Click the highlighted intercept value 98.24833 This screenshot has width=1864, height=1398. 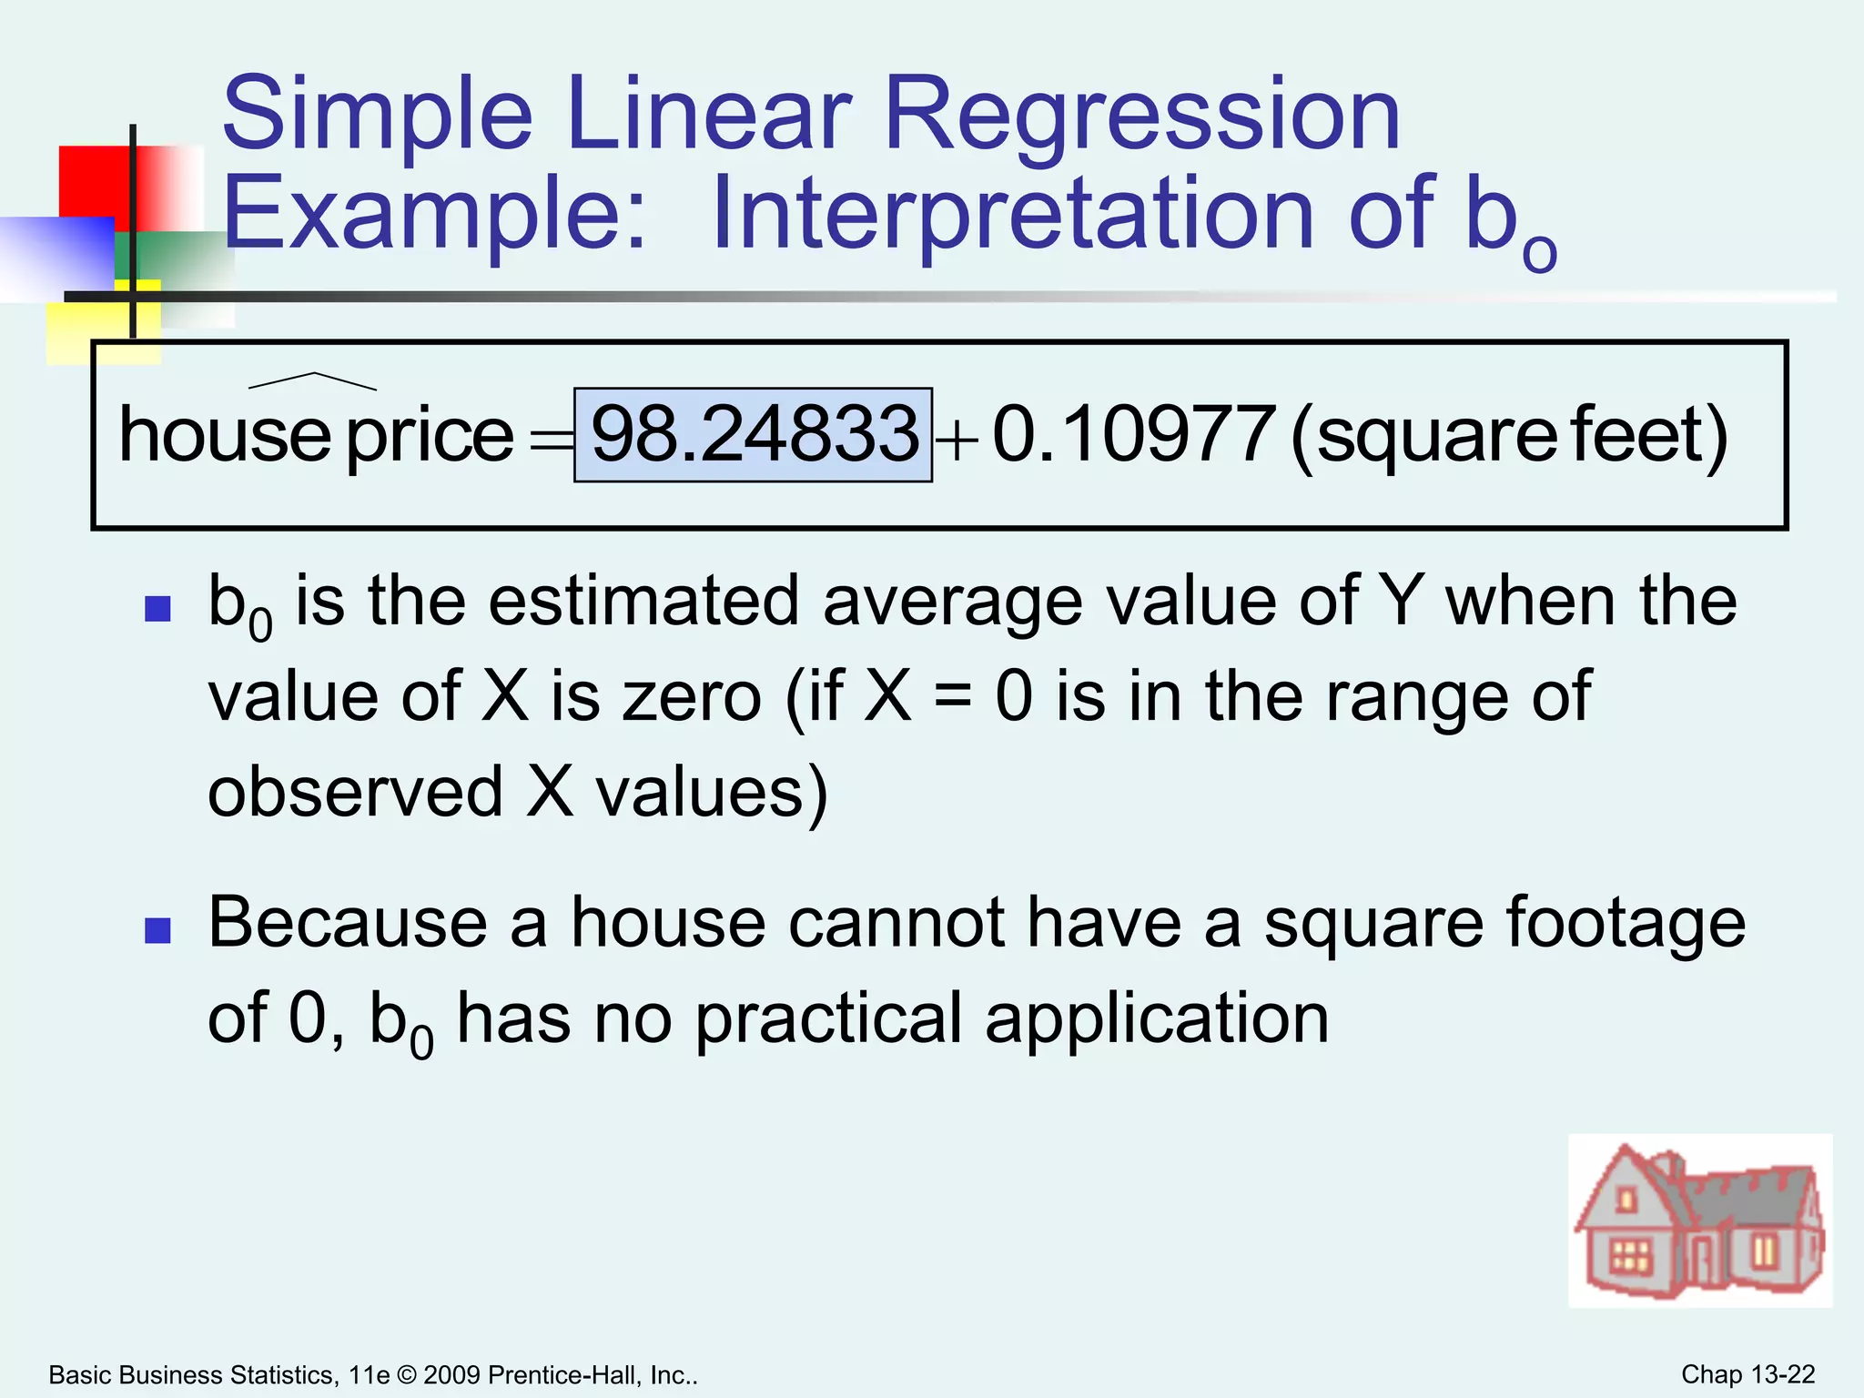point(754,434)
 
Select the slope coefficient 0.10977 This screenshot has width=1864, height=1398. point(1132,434)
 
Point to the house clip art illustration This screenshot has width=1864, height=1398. point(1699,1221)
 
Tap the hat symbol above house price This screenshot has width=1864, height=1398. point(312,380)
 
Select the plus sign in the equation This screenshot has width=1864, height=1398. point(957,443)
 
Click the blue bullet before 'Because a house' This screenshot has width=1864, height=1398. point(158,930)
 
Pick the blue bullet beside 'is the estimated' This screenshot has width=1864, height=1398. point(158,608)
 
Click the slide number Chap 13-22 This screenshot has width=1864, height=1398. point(1747,1374)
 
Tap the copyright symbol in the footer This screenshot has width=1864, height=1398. point(407,1375)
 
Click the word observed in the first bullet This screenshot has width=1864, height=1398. point(355,792)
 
